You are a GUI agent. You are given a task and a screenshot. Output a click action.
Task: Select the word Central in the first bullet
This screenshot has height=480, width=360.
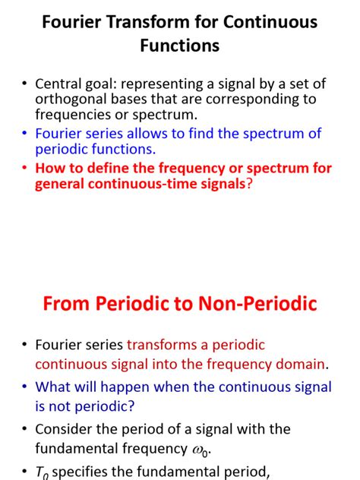(x=60, y=84)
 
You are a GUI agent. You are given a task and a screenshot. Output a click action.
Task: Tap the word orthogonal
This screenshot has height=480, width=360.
(x=70, y=99)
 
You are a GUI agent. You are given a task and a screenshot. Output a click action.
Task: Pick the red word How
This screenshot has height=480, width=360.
(x=49, y=168)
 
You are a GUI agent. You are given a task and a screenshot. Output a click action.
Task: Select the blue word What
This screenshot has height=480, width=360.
(x=55, y=387)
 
